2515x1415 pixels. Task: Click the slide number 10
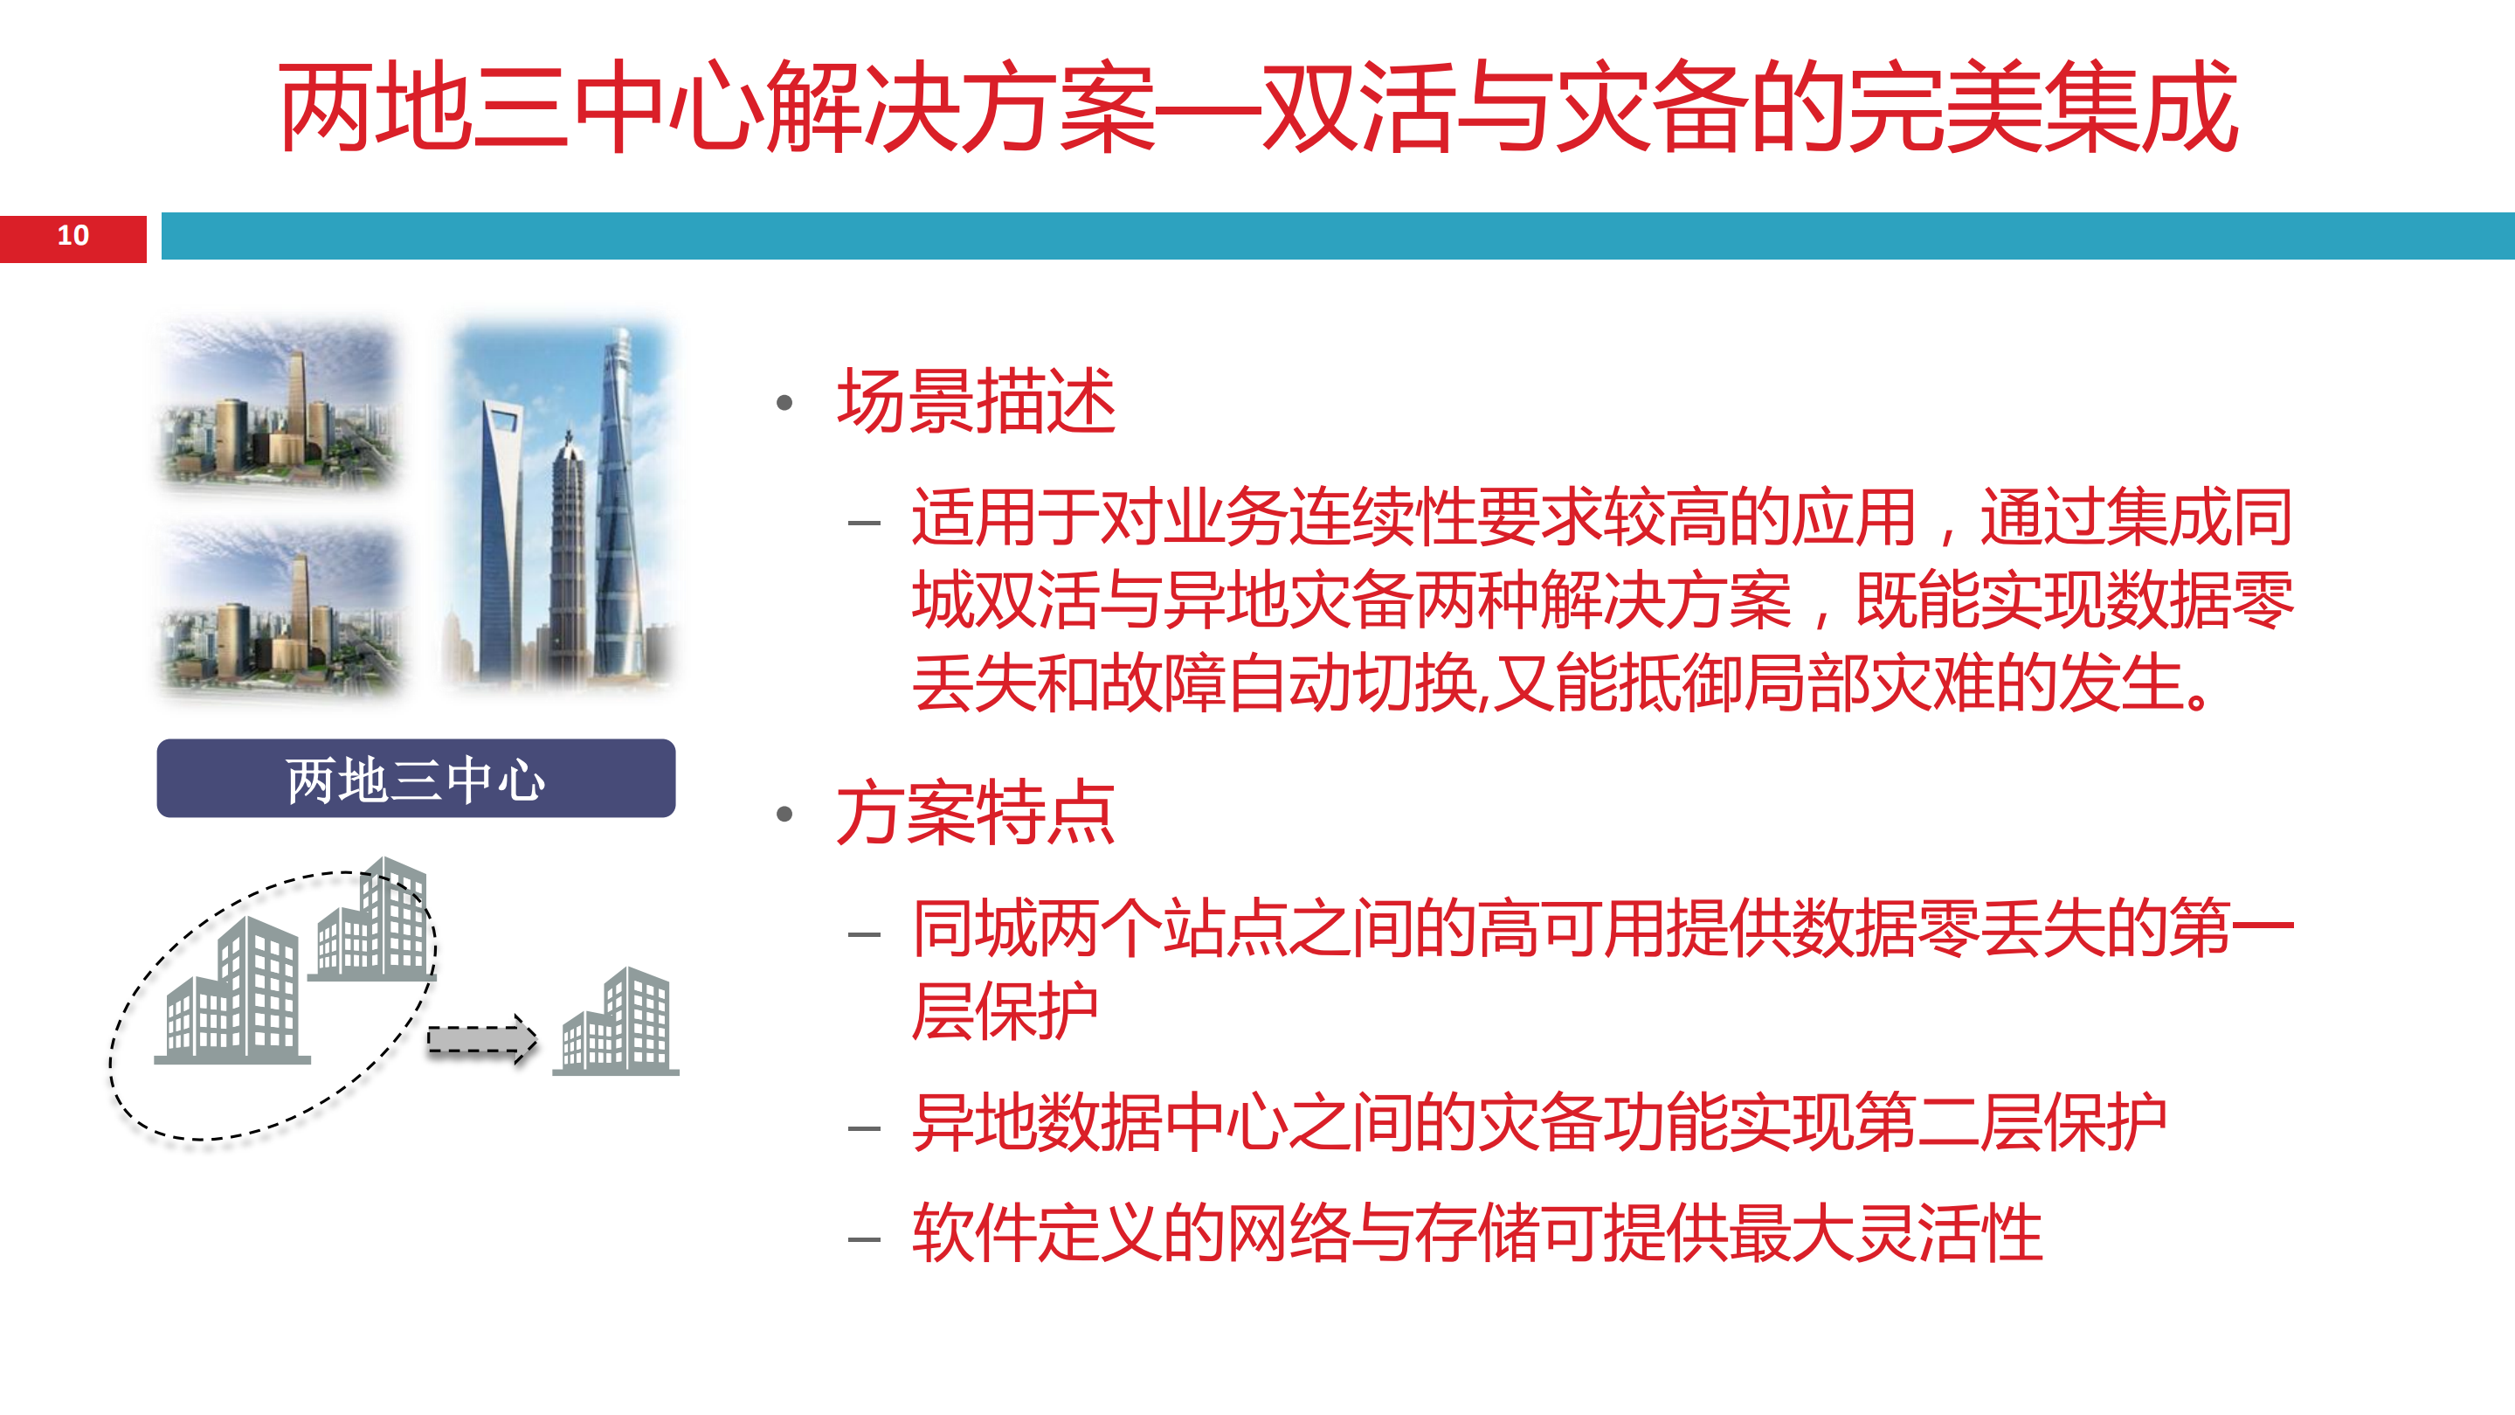click(x=73, y=236)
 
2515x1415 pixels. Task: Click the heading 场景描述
click(x=976, y=401)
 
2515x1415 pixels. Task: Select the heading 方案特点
click(x=976, y=813)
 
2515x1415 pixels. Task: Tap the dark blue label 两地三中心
click(x=416, y=780)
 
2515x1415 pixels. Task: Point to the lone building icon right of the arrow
click(x=617, y=1023)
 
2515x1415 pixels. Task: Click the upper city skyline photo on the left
click(x=280, y=406)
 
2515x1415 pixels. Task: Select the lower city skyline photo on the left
click(x=280, y=607)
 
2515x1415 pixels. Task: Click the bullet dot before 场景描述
click(x=784, y=402)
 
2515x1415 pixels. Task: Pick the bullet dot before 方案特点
click(x=784, y=814)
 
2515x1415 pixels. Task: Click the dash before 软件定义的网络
click(x=864, y=1239)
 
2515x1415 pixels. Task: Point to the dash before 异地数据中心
click(x=864, y=1129)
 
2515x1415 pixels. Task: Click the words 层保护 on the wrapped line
click(x=1005, y=1012)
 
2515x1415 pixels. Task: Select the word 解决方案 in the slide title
click(x=961, y=106)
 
